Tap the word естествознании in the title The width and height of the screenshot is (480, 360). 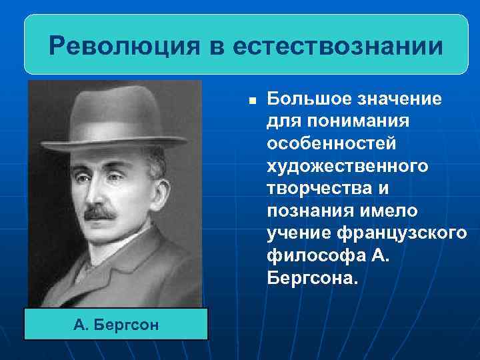pyautogui.click(x=339, y=47)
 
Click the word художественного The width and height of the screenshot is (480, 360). pyautogui.click(x=347, y=166)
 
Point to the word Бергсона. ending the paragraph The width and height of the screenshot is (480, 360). pyautogui.click(x=312, y=276)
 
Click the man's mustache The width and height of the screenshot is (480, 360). pyautogui.click(x=99, y=213)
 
